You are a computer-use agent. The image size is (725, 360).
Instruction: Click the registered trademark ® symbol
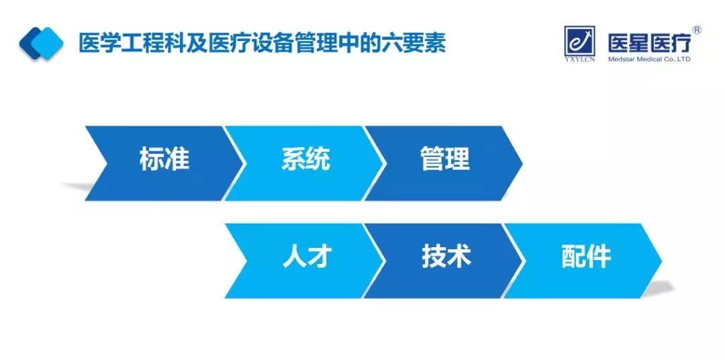pos(696,30)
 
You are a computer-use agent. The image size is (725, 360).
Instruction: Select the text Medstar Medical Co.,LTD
pos(649,59)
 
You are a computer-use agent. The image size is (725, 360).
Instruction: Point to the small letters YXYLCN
pos(579,58)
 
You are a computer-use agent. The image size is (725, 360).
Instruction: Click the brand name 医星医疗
pos(649,43)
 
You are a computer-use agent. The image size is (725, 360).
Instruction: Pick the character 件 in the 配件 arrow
pos(599,257)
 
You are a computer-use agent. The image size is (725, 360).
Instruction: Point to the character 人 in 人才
pos(294,257)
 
